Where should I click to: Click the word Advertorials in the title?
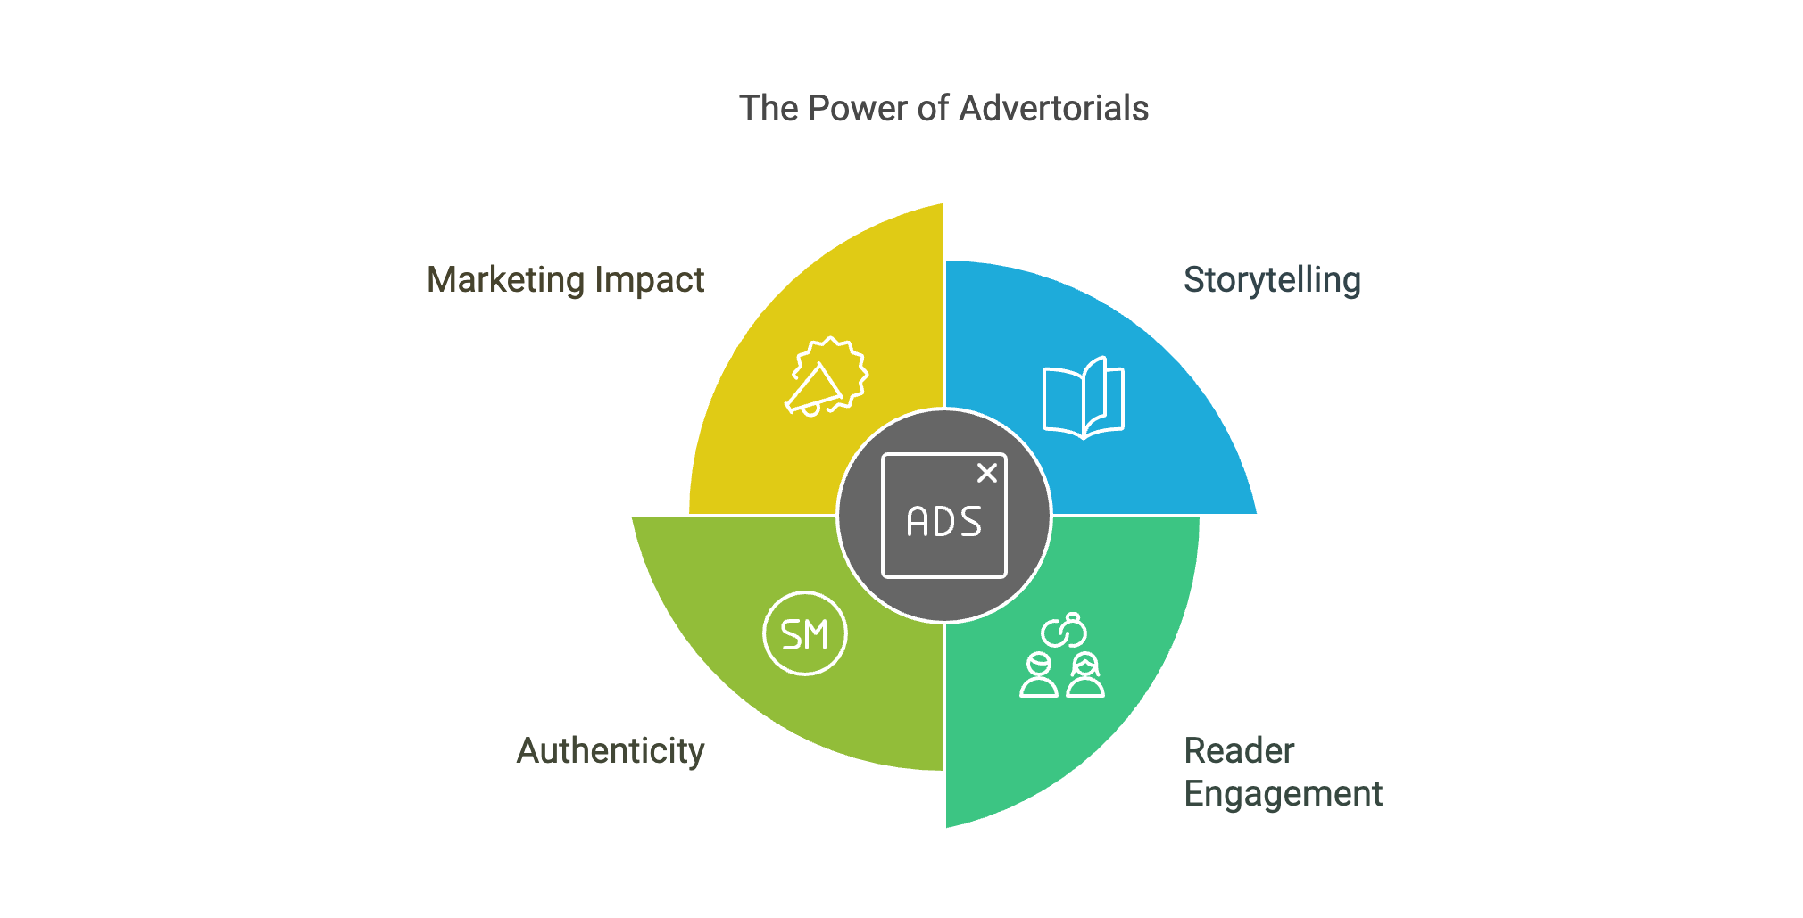(x=1053, y=109)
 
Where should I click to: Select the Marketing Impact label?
(x=565, y=280)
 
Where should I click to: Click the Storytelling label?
(x=1272, y=280)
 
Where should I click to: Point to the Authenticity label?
(x=611, y=750)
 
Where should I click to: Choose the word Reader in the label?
(x=1239, y=750)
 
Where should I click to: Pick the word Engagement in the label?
(x=1283, y=793)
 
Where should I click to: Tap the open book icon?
(x=1084, y=398)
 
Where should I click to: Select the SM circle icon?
(x=805, y=633)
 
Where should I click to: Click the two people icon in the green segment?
(x=1062, y=675)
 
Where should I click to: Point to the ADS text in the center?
(x=943, y=523)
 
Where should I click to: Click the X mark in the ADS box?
(x=986, y=473)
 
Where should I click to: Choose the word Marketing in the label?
(x=504, y=280)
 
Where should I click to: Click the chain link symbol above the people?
(x=1064, y=631)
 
